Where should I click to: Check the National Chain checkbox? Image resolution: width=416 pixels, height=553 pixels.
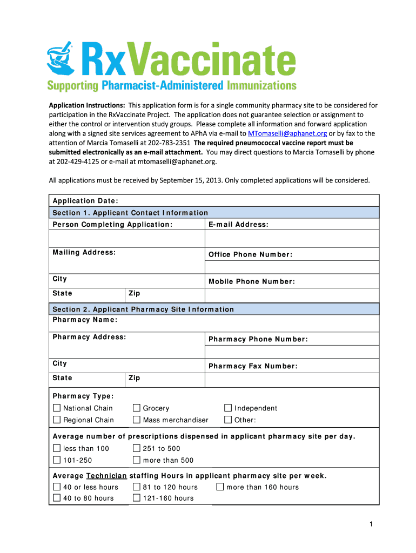click(x=57, y=408)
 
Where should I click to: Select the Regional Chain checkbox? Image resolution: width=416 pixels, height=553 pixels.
click(x=57, y=420)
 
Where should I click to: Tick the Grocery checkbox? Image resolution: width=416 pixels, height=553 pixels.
click(x=136, y=408)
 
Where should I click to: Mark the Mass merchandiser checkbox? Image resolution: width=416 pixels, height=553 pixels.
click(x=136, y=420)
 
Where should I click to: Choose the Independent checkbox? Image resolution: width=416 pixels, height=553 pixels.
click(x=228, y=408)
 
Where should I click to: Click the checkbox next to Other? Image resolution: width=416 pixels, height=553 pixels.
click(x=228, y=420)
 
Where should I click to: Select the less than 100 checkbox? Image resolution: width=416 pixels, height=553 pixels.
click(x=57, y=448)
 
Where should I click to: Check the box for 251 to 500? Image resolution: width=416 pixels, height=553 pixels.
click(x=136, y=448)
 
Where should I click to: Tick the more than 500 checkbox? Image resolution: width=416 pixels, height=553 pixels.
click(x=136, y=460)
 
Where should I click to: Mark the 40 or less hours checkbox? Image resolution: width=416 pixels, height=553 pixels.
click(x=57, y=487)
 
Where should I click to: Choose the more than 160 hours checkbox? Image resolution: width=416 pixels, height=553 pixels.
click(x=220, y=487)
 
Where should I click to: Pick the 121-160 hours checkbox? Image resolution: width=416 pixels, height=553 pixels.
click(x=136, y=498)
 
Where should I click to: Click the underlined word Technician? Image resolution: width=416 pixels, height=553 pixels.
click(x=106, y=476)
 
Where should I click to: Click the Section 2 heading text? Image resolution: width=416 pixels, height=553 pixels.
click(x=143, y=309)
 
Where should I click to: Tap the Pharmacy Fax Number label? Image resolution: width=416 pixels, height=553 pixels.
click(x=253, y=366)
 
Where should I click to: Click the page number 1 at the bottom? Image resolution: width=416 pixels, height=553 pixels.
click(x=371, y=524)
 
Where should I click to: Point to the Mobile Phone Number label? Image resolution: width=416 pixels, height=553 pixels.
click(x=252, y=281)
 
